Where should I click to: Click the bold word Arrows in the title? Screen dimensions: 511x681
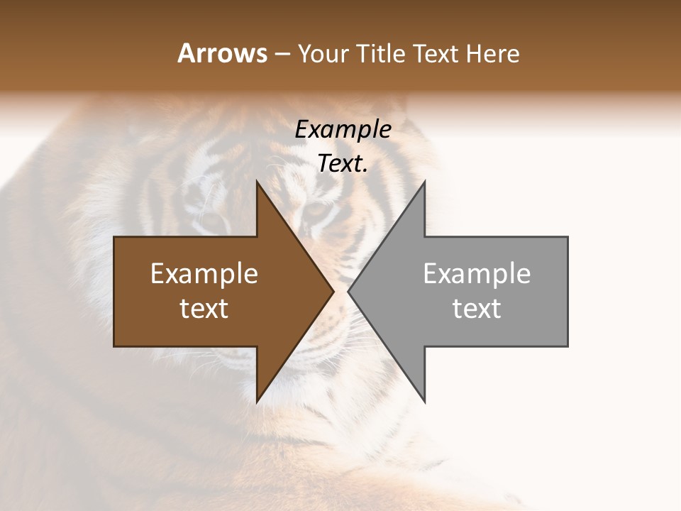(223, 54)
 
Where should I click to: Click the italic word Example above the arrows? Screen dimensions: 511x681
(343, 130)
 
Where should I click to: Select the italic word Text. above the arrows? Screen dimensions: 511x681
(343, 164)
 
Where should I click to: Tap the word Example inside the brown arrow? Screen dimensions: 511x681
(204, 274)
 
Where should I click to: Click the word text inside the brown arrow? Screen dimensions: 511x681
(204, 309)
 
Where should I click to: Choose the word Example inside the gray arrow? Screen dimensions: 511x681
(477, 274)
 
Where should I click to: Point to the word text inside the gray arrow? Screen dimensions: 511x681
(477, 309)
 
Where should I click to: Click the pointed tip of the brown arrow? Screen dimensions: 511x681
(333, 291)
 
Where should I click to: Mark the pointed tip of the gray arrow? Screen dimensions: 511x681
(348, 291)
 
